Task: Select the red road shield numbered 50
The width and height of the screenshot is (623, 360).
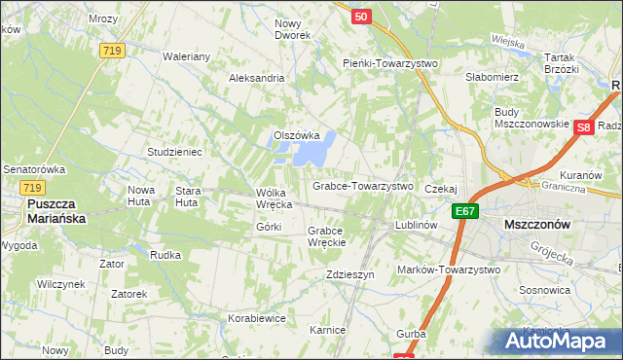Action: pos(361,17)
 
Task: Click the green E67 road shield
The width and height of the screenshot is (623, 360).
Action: pos(465,209)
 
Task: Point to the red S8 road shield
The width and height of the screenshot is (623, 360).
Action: pos(583,127)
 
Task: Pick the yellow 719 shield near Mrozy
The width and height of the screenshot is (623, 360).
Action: pos(111,50)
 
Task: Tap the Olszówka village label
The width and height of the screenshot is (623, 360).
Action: pos(297,135)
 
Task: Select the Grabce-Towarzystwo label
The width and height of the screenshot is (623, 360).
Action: pos(362,185)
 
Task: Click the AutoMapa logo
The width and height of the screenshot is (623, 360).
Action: pos(558,340)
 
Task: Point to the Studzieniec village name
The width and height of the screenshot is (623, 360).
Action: pos(173,153)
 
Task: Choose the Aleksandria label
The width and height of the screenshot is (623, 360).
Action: pos(256,78)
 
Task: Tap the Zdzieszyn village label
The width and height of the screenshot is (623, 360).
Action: pos(351,275)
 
